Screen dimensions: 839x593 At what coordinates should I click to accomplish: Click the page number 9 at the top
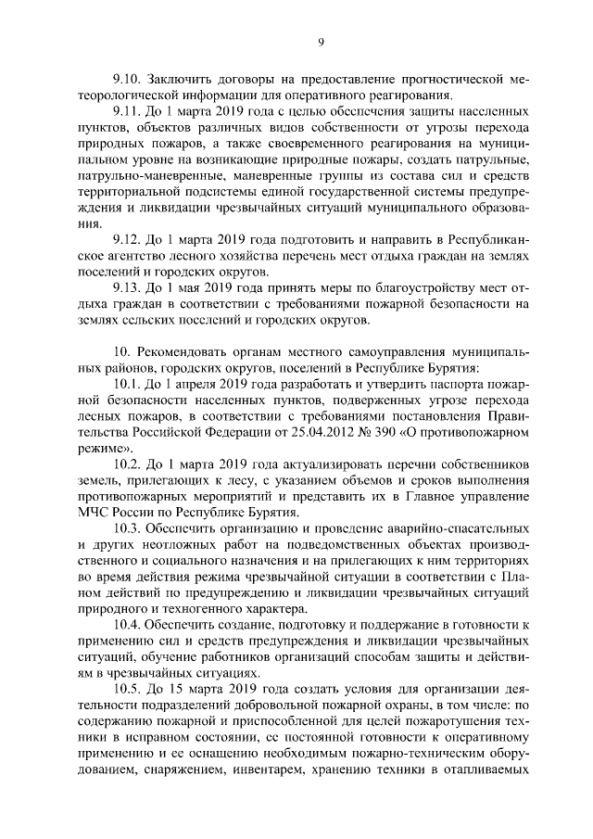321,41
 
